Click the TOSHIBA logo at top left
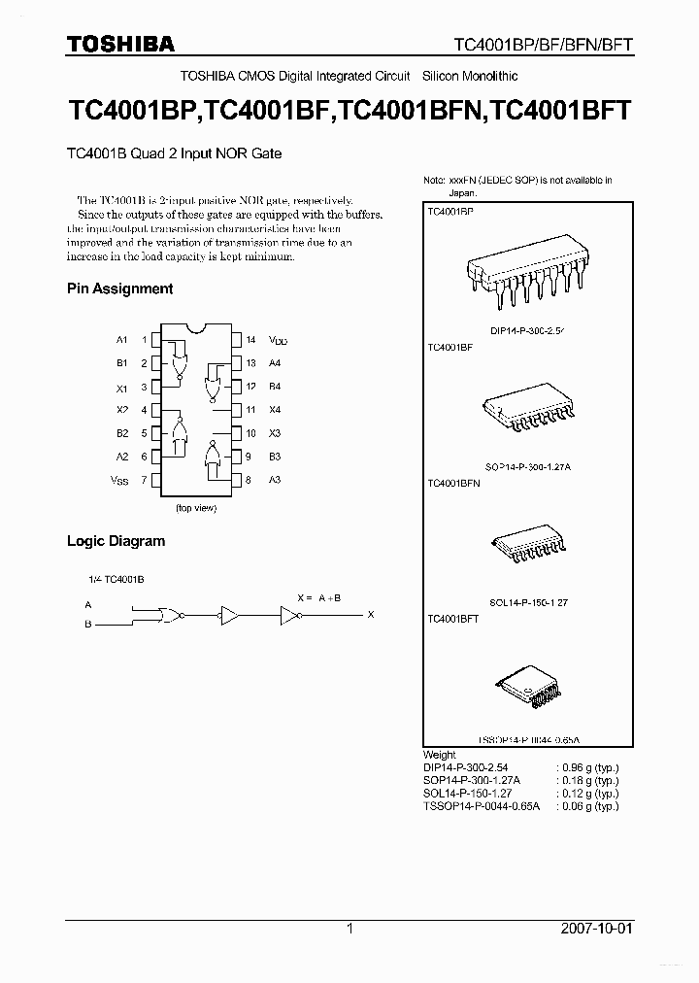click(120, 44)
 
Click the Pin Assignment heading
click(119, 288)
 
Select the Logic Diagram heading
click(116, 541)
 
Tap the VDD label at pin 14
click(279, 341)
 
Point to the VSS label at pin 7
click(118, 481)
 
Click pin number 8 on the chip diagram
click(250, 480)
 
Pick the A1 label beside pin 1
click(121, 340)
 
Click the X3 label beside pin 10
click(275, 433)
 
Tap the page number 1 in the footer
click(349, 929)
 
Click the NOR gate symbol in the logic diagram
click(166, 615)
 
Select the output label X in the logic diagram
click(370, 614)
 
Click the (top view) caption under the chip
click(195, 508)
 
